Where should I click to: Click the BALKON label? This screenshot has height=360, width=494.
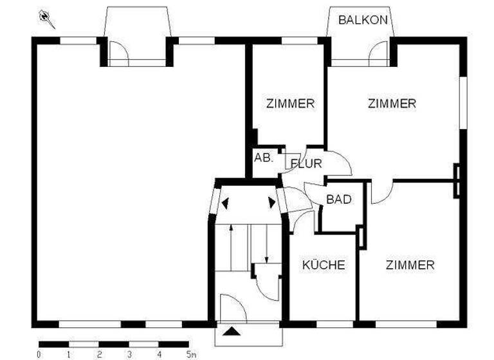[x=363, y=19]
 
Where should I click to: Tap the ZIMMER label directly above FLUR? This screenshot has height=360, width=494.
[x=290, y=103]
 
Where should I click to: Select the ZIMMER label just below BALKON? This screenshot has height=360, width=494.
[x=392, y=103]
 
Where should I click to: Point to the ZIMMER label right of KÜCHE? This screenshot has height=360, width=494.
[x=410, y=264]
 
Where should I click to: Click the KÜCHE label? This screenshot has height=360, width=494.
[x=324, y=264]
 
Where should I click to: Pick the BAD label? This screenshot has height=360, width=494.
[x=338, y=199]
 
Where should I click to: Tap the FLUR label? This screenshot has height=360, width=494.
[x=306, y=163]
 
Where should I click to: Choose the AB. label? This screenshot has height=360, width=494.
[x=264, y=157]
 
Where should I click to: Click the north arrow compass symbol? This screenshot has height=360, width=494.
[x=47, y=19]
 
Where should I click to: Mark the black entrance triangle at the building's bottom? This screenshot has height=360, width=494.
[x=233, y=332]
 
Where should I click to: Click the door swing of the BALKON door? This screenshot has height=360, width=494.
[x=380, y=53]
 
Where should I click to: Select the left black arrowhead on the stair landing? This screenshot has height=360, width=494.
[x=225, y=203]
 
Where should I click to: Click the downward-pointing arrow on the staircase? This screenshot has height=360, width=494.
[x=266, y=244]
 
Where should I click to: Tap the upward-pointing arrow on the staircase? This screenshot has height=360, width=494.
[x=231, y=244]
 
